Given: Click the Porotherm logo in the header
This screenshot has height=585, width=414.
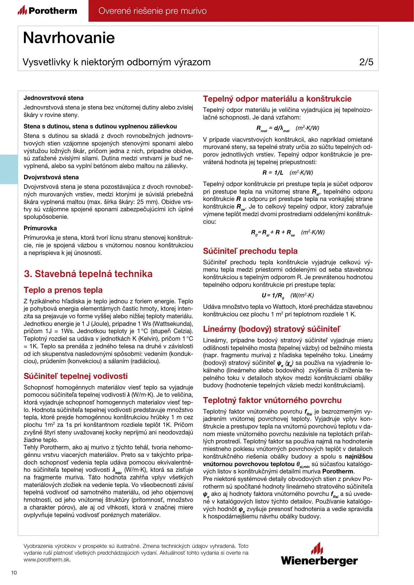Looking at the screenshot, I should (47, 11).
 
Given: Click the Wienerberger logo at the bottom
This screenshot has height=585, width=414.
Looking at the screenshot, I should (319, 555).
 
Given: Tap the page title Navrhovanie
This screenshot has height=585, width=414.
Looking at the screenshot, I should (69, 38).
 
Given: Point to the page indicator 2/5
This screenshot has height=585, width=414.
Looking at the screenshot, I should (366, 62).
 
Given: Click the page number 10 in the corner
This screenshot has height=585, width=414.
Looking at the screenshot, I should (14, 573).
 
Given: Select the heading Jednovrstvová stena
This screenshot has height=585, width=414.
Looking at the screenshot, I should (53, 98).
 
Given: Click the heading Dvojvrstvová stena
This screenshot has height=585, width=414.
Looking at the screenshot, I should (51, 177).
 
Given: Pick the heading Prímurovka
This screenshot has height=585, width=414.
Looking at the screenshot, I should (40, 228).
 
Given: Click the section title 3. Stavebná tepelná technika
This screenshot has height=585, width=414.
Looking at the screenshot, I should (88, 274).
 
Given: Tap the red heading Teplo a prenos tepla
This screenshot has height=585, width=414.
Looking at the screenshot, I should (63, 290).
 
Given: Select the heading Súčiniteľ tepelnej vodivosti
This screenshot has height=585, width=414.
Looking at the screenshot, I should (75, 376).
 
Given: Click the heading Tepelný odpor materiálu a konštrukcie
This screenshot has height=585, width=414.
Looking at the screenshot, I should (277, 99).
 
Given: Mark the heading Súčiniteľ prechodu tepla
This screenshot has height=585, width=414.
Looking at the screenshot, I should (250, 251).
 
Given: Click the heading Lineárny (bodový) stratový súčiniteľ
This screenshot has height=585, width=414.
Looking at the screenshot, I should (272, 329).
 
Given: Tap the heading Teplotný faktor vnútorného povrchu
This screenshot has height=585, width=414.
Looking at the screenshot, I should (272, 400).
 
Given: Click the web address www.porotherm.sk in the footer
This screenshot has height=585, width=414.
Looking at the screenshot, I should (47, 560).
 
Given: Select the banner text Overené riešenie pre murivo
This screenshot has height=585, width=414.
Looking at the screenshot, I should (152, 11).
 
